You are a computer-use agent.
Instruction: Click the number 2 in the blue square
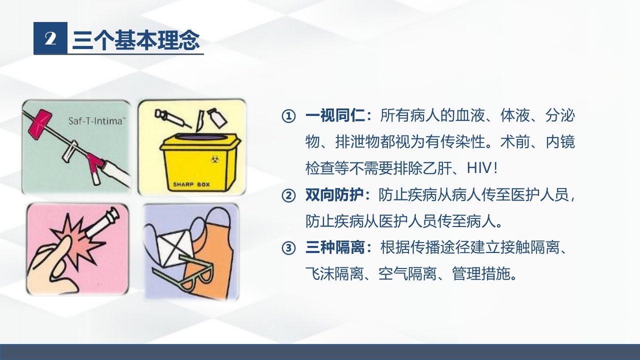[x=50, y=39]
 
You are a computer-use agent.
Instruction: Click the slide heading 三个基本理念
[x=136, y=39]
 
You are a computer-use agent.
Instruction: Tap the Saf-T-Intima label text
[x=95, y=121]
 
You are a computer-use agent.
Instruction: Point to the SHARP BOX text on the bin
[x=191, y=184]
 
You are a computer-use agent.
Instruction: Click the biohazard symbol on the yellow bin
[x=213, y=159]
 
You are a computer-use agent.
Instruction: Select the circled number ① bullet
[x=288, y=116]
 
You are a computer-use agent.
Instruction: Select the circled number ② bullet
[x=288, y=195]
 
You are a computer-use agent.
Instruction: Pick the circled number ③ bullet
[x=288, y=247]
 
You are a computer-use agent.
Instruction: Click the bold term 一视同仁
[x=335, y=115]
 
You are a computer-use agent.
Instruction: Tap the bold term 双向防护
[x=334, y=195]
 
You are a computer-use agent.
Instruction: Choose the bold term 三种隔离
[x=335, y=247]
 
